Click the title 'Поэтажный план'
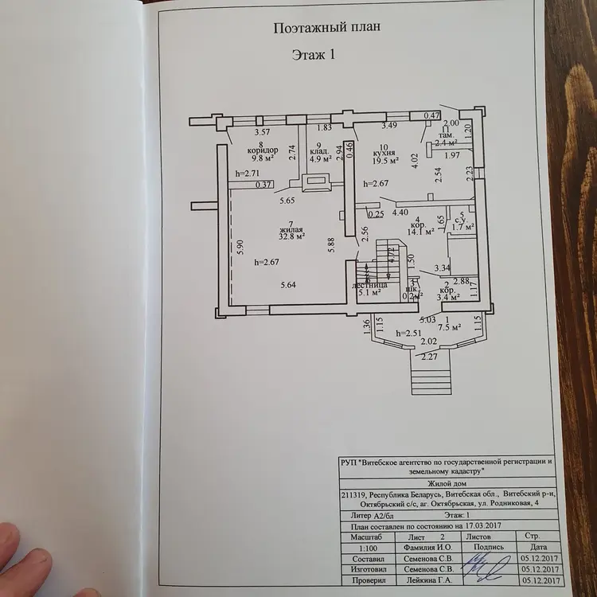(x=326, y=27)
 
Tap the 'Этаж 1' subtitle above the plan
(x=312, y=55)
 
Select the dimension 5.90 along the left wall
(x=239, y=247)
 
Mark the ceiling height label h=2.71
(x=248, y=173)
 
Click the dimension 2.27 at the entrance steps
(x=429, y=357)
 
